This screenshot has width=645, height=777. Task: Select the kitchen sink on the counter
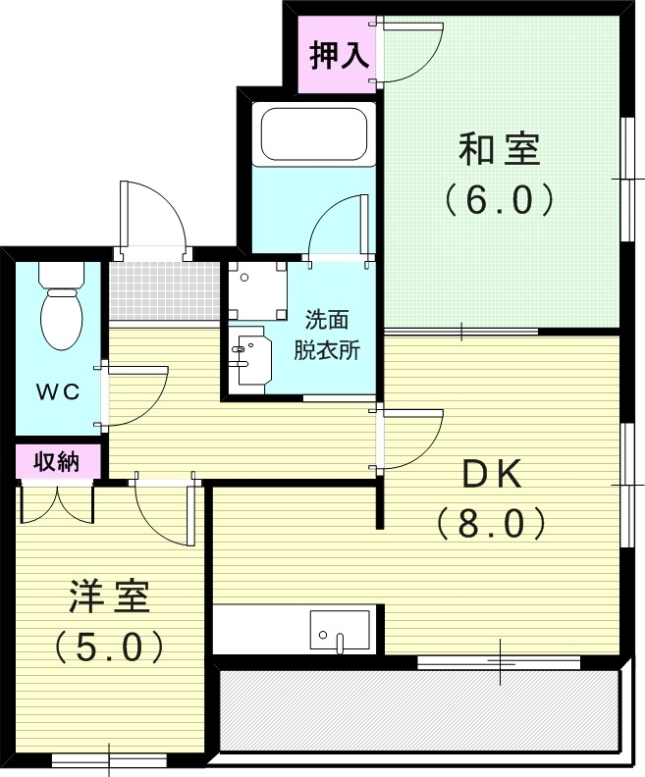tap(339, 629)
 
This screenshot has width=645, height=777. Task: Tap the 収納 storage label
tap(57, 461)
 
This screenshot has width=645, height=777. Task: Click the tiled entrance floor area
tap(163, 290)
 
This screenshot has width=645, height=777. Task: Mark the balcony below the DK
tap(419, 711)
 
